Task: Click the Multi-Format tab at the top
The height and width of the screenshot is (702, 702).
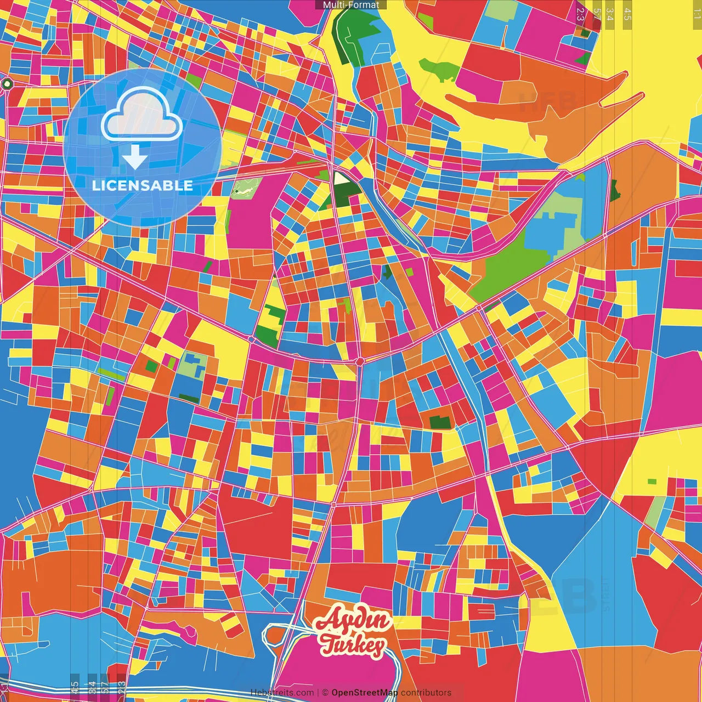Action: coord(351,5)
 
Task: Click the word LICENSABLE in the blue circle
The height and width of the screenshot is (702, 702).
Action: coord(142,185)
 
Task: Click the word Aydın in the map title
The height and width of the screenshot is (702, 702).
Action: coord(354,621)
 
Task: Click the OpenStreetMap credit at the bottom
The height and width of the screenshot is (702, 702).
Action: coord(364,693)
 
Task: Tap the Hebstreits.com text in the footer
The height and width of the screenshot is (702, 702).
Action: coord(282,693)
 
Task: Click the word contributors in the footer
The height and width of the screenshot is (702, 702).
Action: coord(426,693)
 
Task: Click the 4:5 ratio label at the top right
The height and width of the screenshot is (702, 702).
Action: coord(627,14)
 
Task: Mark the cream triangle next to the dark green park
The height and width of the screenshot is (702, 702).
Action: coord(340,178)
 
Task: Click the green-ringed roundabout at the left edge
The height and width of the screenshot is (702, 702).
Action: coord(7,84)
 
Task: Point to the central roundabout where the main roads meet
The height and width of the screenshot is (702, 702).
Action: coord(360,361)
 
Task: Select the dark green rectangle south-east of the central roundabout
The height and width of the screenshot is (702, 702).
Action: coord(440,422)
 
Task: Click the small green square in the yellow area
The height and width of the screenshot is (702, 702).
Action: coord(652,482)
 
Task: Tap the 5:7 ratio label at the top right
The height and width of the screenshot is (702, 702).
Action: coord(597,14)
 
